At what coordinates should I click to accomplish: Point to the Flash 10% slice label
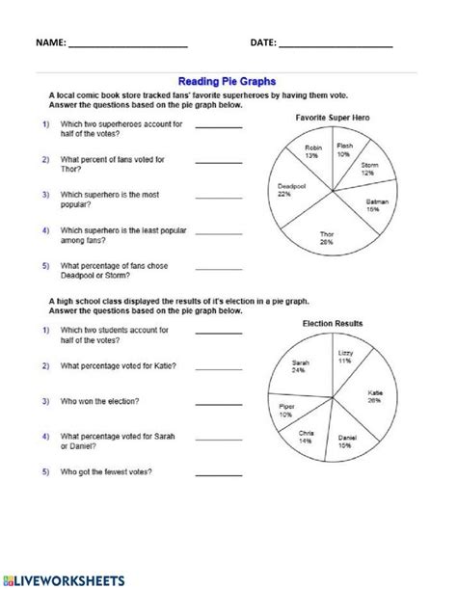click(x=344, y=150)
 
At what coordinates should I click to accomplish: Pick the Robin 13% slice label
click(x=311, y=151)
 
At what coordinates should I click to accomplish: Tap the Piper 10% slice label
click(x=288, y=413)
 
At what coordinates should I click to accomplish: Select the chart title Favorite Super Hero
click(x=335, y=117)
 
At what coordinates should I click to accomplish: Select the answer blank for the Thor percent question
click(x=219, y=163)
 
